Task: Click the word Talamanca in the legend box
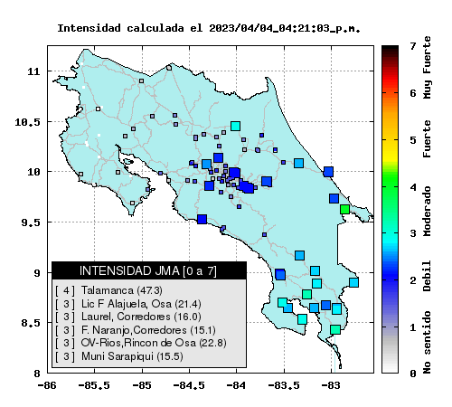tap(107, 290)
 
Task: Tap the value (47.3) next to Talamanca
tap(149, 290)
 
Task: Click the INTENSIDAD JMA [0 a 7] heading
tap(148, 270)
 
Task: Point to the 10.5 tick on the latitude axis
tap(27, 122)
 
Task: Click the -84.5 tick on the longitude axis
tap(190, 385)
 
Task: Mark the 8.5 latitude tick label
tap(31, 323)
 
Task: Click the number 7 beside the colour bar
tap(413, 46)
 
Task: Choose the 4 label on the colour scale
tap(413, 187)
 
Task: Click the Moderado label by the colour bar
tap(427, 212)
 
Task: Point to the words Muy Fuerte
tap(427, 68)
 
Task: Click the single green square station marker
tap(344, 209)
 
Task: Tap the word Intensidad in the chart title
tap(89, 28)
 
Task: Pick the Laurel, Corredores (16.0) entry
tap(128, 317)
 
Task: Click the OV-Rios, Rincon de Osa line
tap(141, 343)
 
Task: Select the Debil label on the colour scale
tap(427, 276)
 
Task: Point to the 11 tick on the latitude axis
tap(33, 71)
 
